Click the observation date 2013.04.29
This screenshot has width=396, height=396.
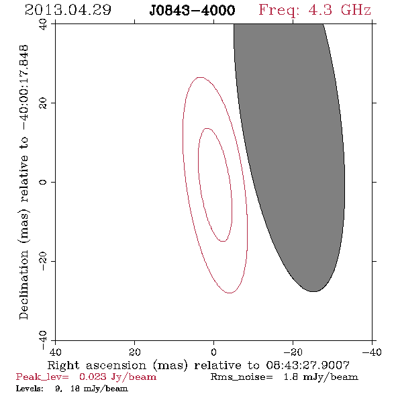68,10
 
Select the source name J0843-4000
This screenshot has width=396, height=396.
192,10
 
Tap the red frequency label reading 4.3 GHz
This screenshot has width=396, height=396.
340,10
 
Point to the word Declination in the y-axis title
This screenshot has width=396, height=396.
23,285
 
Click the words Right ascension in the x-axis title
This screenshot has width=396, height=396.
97,365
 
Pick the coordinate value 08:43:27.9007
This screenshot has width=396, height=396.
307,365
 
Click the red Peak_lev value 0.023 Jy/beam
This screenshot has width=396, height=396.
117,377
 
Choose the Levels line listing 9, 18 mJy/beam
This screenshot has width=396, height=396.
72,388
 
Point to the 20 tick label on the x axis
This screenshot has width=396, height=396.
134,352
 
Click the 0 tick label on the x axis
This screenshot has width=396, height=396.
213,352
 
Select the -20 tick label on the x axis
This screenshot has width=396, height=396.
293,352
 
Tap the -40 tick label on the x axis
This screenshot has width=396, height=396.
372,352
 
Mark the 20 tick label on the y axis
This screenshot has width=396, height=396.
43,103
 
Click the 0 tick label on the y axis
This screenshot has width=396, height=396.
43,182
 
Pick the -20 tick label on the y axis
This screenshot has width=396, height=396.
43,261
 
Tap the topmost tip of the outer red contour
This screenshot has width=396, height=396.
200,77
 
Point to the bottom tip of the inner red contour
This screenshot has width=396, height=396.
222,241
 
